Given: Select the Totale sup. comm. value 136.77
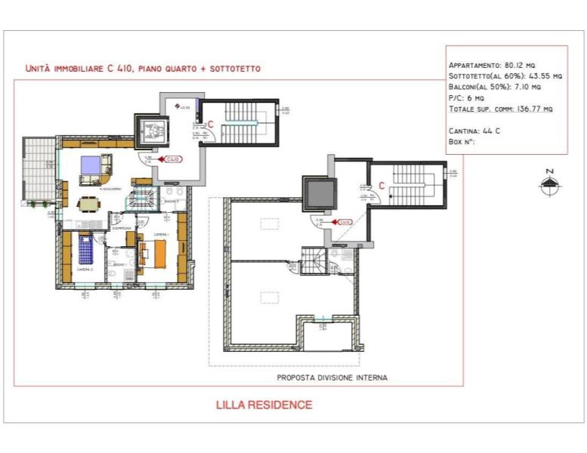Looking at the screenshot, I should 539,109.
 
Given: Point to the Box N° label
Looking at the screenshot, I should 462,141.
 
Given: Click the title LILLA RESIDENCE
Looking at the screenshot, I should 264,405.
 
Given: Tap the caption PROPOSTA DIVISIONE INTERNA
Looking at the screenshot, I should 332,377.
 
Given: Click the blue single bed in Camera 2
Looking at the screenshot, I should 85,248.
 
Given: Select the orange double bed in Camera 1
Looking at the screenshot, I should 158,252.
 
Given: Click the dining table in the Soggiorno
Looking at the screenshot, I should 89,203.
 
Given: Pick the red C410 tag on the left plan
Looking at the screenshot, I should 174,159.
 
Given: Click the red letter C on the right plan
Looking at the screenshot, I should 382,184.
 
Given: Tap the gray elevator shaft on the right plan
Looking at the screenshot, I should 317,193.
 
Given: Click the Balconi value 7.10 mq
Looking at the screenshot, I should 526,87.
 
